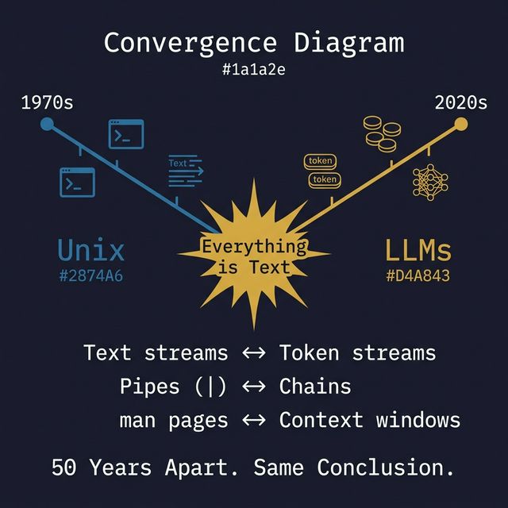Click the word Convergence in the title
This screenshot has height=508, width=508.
pos(186,42)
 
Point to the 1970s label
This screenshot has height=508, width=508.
pos(47,103)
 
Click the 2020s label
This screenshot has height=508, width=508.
pos(460,103)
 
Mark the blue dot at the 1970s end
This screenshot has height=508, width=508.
pos(47,124)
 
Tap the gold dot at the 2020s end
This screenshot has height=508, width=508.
pos(460,123)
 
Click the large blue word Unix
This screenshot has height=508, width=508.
pos(91,251)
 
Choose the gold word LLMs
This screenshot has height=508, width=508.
pos(418,251)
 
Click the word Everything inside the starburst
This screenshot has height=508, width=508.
pos(253,247)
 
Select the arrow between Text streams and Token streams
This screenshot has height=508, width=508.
pos(253,352)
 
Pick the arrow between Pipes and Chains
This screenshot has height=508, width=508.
pos(253,387)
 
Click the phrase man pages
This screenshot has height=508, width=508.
pos(173,420)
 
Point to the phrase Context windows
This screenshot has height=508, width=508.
pos(369,420)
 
